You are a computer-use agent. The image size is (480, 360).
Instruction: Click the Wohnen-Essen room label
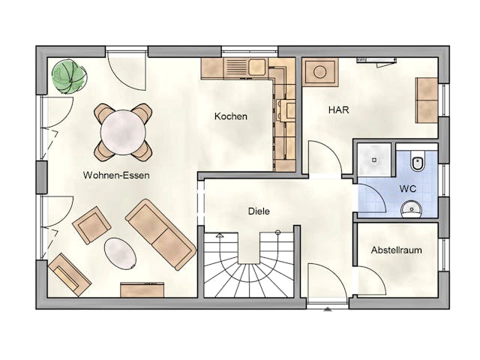coord(116,175)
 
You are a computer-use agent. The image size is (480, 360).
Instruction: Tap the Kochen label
coord(231,116)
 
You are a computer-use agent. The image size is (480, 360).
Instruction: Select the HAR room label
coord(338,110)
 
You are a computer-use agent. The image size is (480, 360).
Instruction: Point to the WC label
coord(408,188)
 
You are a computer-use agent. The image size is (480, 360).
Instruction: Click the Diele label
coord(259,211)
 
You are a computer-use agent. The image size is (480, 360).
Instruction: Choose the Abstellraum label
coord(397,250)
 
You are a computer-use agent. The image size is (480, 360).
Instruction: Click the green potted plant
coord(69,76)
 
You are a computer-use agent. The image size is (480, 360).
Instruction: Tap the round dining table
coord(123,133)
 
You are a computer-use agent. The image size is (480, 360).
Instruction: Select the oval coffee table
coord(120,253)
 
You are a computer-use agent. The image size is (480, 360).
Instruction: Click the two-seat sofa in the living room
coord(160,235)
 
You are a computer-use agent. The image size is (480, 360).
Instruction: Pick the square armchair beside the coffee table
coord(91,225)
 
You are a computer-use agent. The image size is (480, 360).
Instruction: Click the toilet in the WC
coord(418,161)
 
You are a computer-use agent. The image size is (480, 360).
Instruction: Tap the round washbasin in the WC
coord(411,209)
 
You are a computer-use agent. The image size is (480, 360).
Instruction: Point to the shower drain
coord(374,160)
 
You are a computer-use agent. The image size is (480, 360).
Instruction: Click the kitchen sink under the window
coord(256,67)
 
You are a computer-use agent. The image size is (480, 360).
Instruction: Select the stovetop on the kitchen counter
coord(286,110)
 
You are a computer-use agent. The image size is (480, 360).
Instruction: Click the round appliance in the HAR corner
coord(320,72)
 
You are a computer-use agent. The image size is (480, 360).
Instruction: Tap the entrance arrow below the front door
coord(328,309)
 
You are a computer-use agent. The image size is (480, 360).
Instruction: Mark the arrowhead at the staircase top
coord(220,235)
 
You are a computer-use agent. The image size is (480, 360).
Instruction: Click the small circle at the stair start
coord(278,232)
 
